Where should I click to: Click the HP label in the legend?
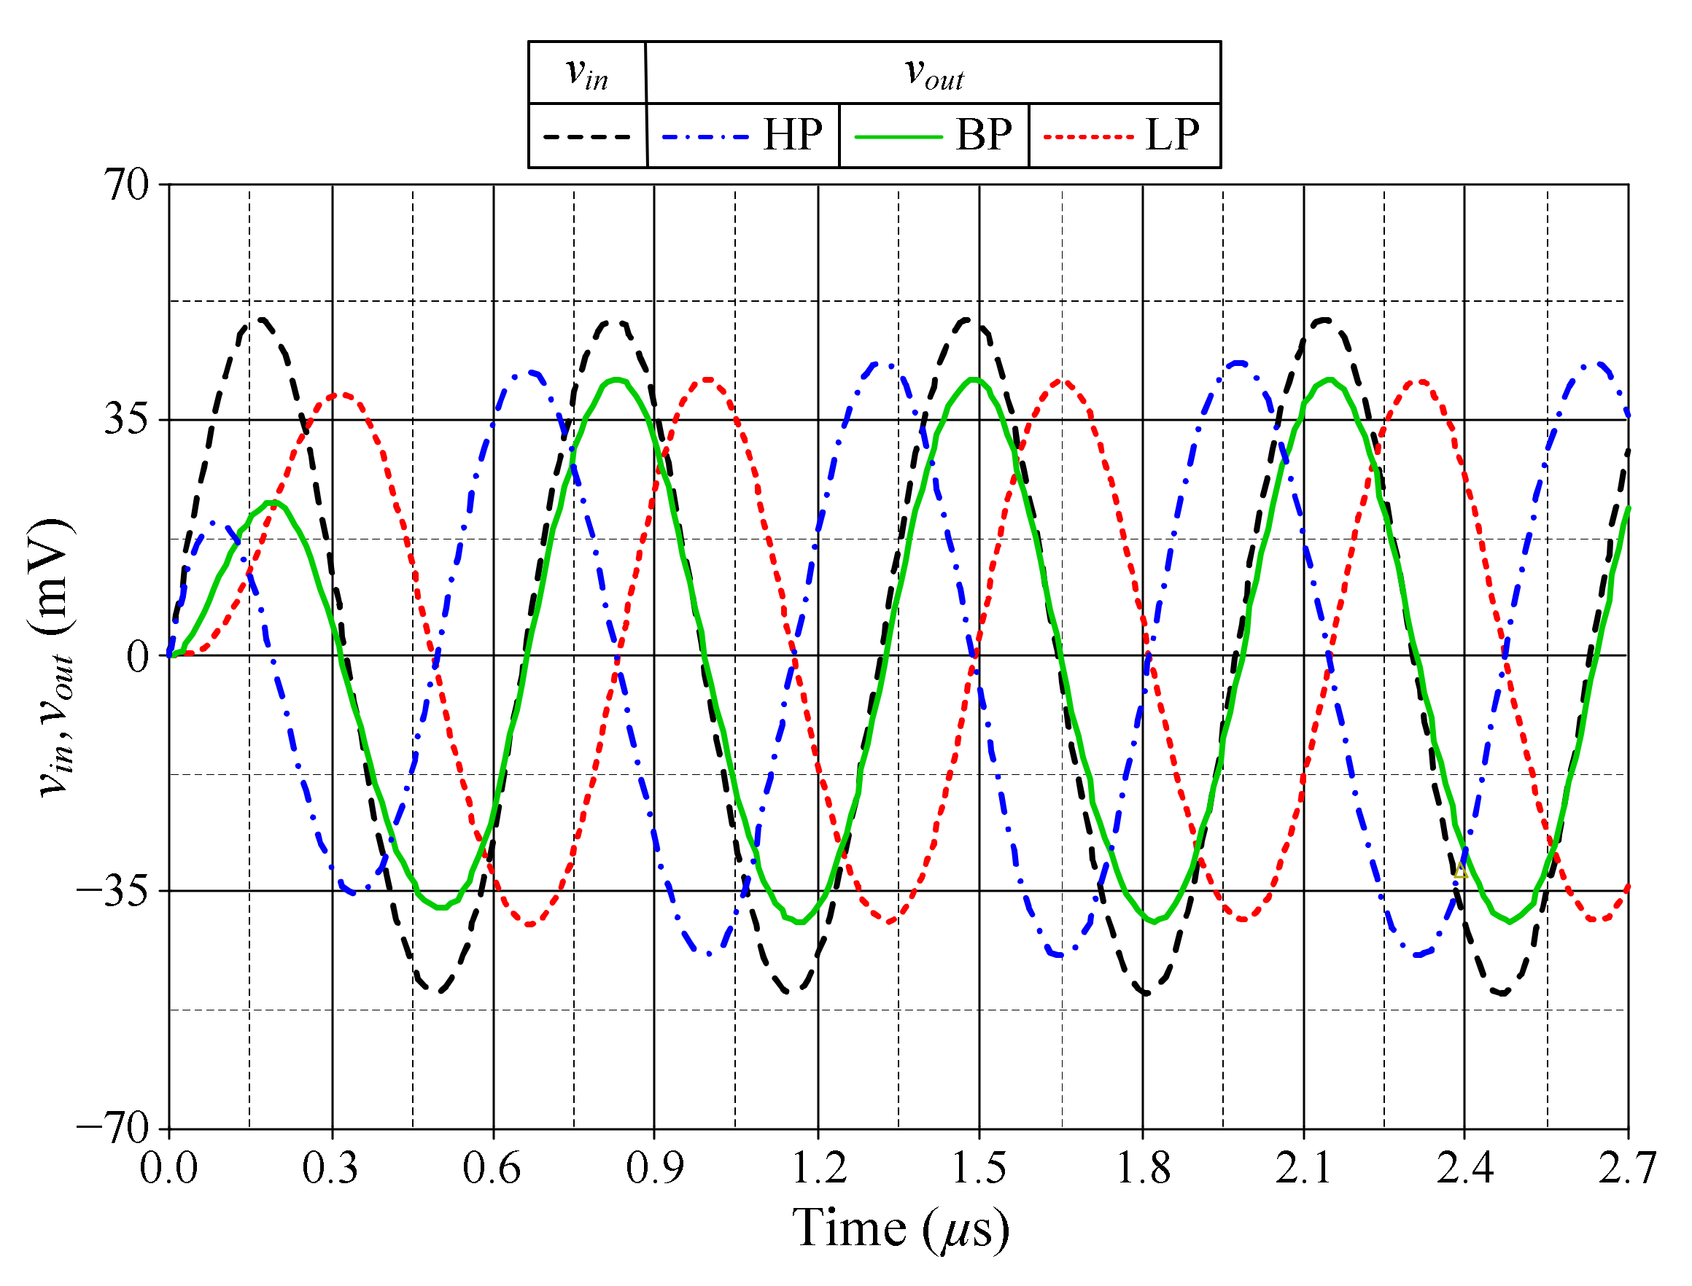click(793, 135)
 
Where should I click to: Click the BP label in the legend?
click(983, 135)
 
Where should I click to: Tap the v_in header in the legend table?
click(586, 74)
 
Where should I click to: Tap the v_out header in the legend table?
click(934, 74)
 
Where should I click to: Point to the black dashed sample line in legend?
click(586, 137)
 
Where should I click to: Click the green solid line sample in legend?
click(897, 137)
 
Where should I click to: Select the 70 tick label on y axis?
click(126, 184)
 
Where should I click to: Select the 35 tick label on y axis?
click(126, 419)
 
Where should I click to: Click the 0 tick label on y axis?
click(138, 656)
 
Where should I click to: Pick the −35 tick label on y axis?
click(112, 892)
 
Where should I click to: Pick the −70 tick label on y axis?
click(112, 1128)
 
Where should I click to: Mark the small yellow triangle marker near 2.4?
click(1460, 871)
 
